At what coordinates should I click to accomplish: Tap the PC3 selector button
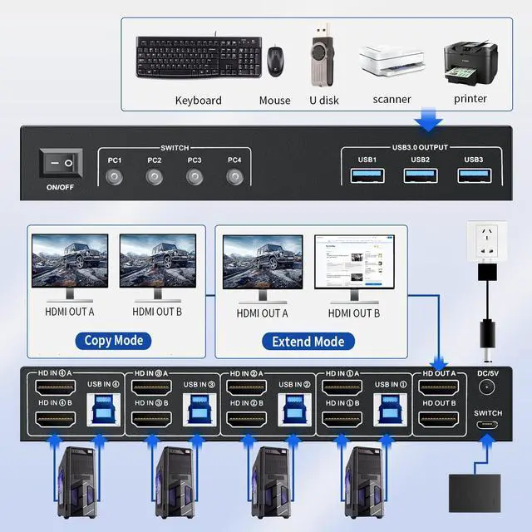coord(195,176)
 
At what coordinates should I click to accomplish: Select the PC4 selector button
coord(234,176)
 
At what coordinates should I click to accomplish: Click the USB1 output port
coord(367,175)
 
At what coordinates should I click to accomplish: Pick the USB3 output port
coord(474,175)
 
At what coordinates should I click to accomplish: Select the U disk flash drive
coord(321,55)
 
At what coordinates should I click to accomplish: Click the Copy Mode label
coord(114,340)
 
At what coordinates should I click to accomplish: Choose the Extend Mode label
coord(308,341)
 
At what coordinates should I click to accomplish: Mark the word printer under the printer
coord(470,98)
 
